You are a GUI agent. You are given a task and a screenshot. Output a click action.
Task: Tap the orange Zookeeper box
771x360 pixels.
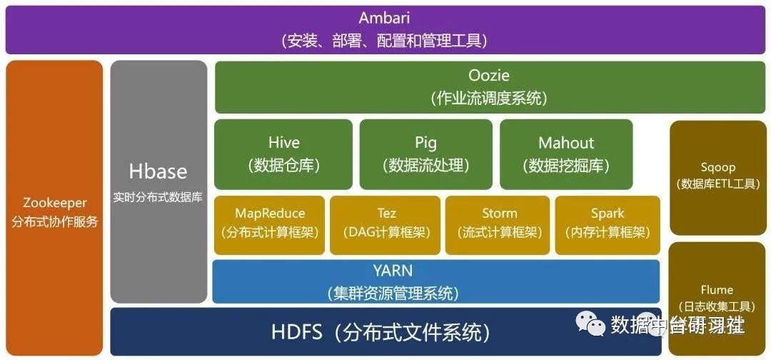coord(54,207)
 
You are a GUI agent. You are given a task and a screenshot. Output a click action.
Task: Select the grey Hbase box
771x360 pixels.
coord(158,181)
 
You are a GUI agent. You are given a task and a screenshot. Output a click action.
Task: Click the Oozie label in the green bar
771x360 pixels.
coord(489,76)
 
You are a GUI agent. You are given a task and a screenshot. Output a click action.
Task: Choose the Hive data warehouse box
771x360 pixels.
coord(283,154)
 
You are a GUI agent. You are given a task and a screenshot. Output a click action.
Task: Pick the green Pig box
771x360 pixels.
coord(425,154)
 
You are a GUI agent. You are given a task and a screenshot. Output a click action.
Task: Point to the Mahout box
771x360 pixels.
coord(566,154)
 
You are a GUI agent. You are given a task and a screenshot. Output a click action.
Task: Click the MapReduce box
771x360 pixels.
coord(270,224)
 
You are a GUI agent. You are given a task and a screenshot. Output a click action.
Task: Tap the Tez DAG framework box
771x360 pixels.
coord(386,224)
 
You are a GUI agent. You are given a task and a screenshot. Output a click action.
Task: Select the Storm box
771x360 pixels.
coord(499,224)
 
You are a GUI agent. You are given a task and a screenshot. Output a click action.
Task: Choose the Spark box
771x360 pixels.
coord(608,224)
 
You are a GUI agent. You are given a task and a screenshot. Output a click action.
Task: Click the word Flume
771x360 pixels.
coord(717,290)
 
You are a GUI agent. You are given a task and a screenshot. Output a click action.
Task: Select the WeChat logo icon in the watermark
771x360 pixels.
coord(590,326)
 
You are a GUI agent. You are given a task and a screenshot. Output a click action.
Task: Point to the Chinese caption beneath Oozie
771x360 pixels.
coord(489,99)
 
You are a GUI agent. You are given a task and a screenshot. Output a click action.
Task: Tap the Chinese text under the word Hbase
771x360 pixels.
coord(158,198)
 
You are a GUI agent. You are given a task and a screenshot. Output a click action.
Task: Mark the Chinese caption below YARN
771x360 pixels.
coord(393,293)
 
